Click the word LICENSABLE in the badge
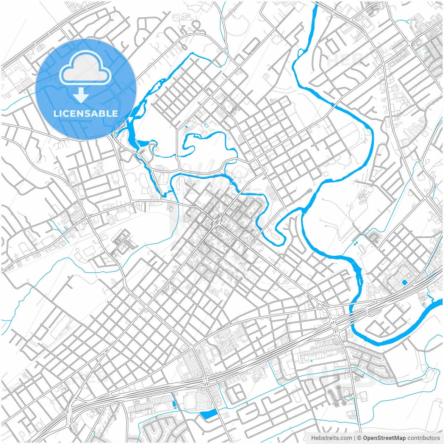[x=85, y=113]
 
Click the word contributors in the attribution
[x=424, y=438]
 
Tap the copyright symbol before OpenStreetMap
[x=359, y=438]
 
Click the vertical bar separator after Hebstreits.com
[x=355, y=438]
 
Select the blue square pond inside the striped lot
[x=404, y=282]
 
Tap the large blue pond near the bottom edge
[x=208, y=413]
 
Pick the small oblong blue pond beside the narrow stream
[x=173, y=404]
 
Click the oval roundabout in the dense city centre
[x=217, y=222]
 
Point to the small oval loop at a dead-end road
[x=308, y=191]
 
